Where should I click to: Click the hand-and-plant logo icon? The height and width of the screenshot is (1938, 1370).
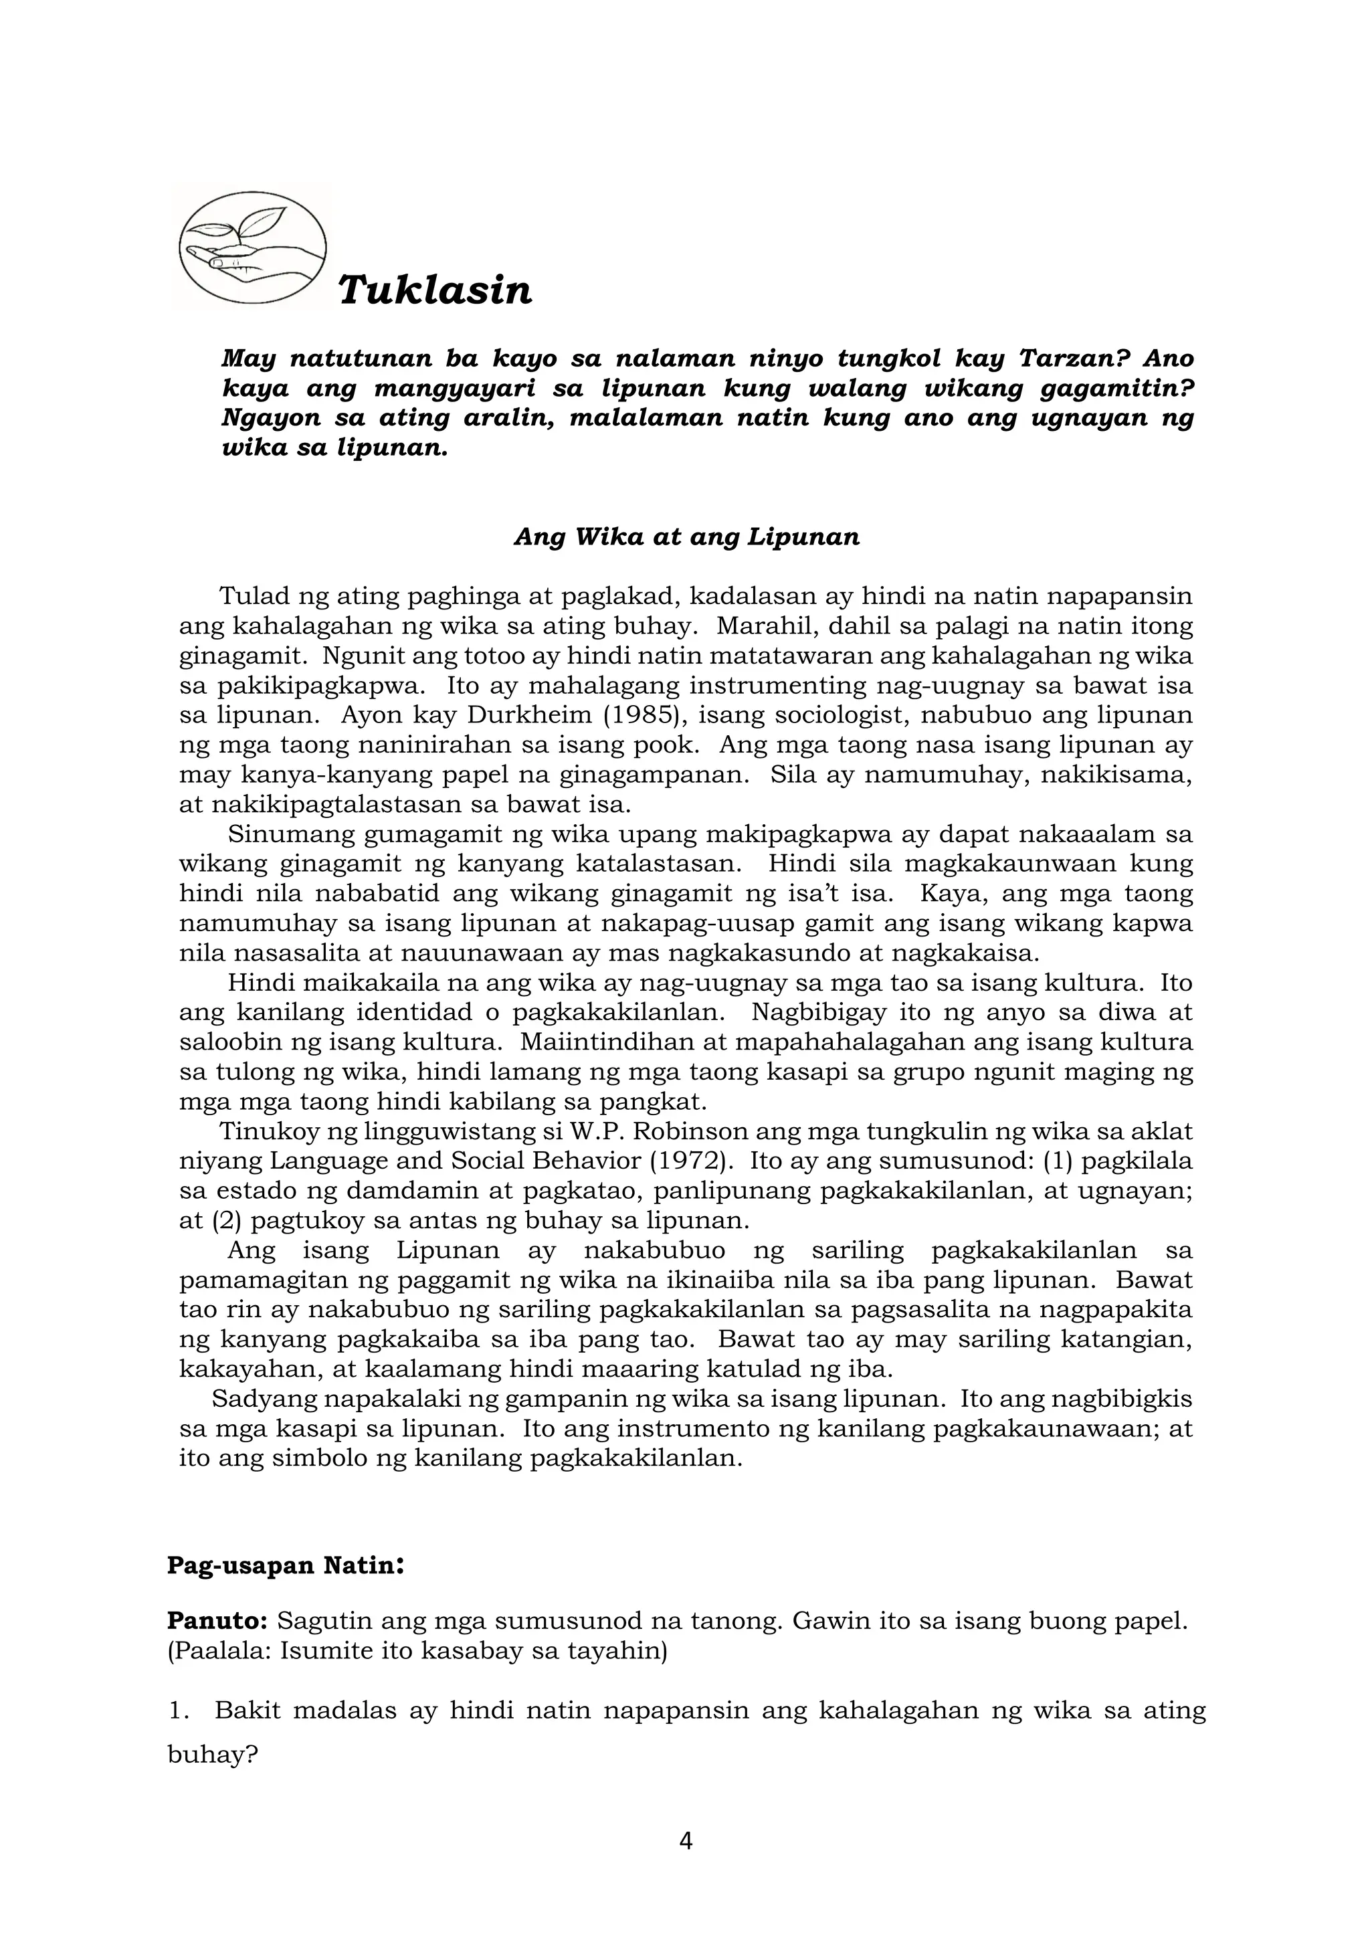coord(252,246)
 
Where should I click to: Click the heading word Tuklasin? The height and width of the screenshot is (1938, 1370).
coord(435,290)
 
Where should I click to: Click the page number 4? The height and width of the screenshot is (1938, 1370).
coord(686,1841)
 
